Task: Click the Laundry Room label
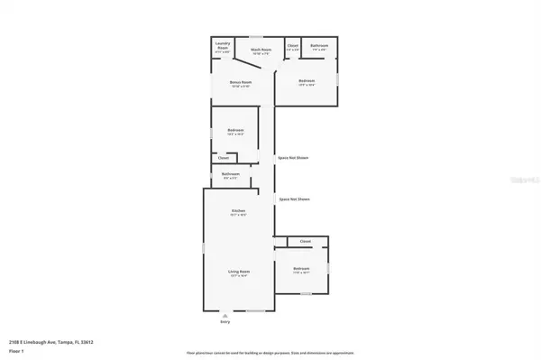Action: coord(222,46)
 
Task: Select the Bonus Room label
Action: coord(240,82)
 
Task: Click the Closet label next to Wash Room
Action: coord(293,45)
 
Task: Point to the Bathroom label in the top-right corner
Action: coord(318,45)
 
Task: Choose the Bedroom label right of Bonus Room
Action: coord(307,81)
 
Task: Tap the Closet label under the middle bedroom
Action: coord(223,158)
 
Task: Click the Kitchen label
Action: coord(238,211)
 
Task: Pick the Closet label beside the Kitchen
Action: coord(306,242)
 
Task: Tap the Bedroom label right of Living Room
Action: coord(301,268)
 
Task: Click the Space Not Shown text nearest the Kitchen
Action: coord(294,198)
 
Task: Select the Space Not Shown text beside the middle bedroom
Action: coord(294,158)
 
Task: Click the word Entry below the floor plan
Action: coord(225,322)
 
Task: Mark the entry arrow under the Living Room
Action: coord(225,316)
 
